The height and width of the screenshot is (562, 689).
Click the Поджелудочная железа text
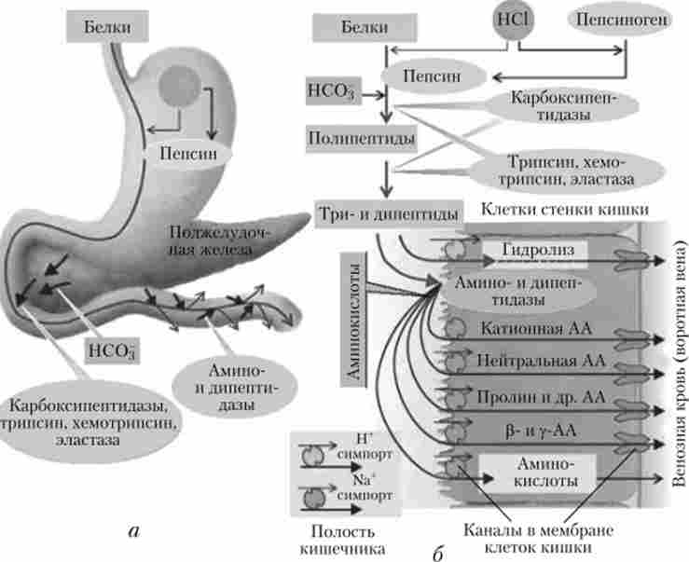(209, 240)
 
